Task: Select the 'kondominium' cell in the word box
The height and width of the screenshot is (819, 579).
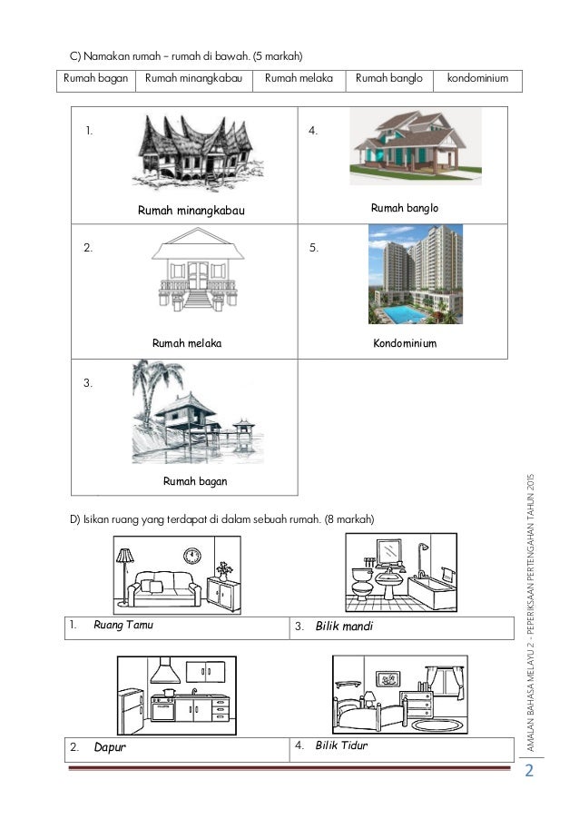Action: coord(478,79)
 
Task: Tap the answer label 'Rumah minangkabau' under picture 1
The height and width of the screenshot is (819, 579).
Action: coord(191,211)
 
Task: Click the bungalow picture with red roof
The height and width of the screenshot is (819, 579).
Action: coord(408,149)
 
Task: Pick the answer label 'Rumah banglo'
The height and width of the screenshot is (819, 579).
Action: coord(405,209)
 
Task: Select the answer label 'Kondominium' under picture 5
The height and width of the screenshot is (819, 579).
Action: coord(405,344)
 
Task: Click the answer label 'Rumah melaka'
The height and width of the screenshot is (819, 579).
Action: coord(188,344)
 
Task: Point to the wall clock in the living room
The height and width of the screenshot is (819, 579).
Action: coord(191,554)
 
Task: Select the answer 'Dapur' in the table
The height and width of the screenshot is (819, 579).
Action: coord(110,748)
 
